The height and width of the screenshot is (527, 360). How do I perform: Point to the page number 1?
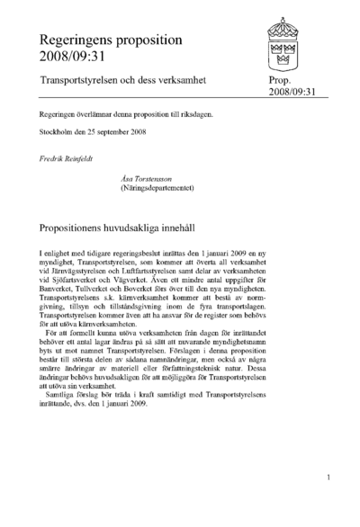click(329, 478)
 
